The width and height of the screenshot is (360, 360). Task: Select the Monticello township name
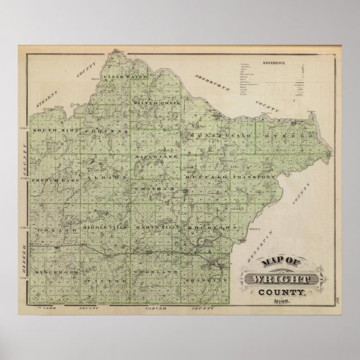coord(215,136)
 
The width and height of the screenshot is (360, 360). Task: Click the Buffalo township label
coord(206,177)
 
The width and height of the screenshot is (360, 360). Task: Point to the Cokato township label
coord(53,230)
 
